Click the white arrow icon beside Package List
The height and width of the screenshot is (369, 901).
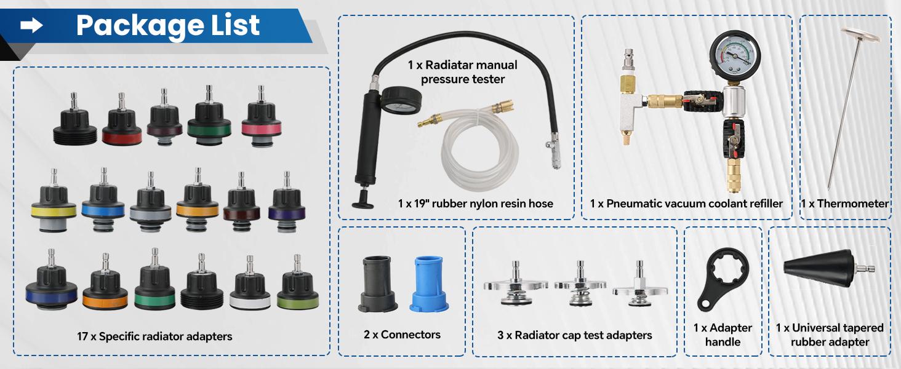pos(31,26)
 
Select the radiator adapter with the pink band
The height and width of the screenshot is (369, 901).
pos(262,119)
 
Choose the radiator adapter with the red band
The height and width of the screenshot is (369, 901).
pos(122,121)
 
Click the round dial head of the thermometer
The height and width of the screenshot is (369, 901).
pos(860,34)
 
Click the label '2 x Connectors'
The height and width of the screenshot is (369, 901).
pos(402,335)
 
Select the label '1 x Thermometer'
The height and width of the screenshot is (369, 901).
pos(844,204)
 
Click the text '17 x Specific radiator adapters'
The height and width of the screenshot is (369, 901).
pos(154,336)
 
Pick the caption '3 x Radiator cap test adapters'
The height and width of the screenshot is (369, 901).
pos(574,335)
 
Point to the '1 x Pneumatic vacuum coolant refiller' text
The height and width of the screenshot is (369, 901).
pos(686,204)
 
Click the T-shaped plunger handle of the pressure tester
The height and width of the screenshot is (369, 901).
pos(362,199)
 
